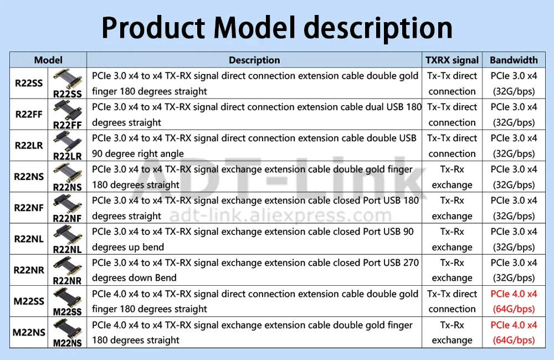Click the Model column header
(x=48, y=60)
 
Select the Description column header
(x=254, y=60)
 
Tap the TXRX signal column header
(x=452, y=60)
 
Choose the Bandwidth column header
(x=514, y=60)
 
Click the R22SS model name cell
(x=29, y=84)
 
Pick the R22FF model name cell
(x=29, y=115)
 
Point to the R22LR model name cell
(x=29, y=146)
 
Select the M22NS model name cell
(x=29, y=332)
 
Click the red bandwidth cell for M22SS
(x=514, y=301)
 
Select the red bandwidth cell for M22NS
(x=514, y=332)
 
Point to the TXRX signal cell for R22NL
(x=452, y=239)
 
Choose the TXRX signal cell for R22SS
(x=452, y=84)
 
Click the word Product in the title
(x=153, y=28)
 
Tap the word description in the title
(x=378, y=28)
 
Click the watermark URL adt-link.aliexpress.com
(x=280, y=215)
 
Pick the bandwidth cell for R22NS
(x=514, y=177)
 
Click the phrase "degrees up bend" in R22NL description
(x=128, y=247)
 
